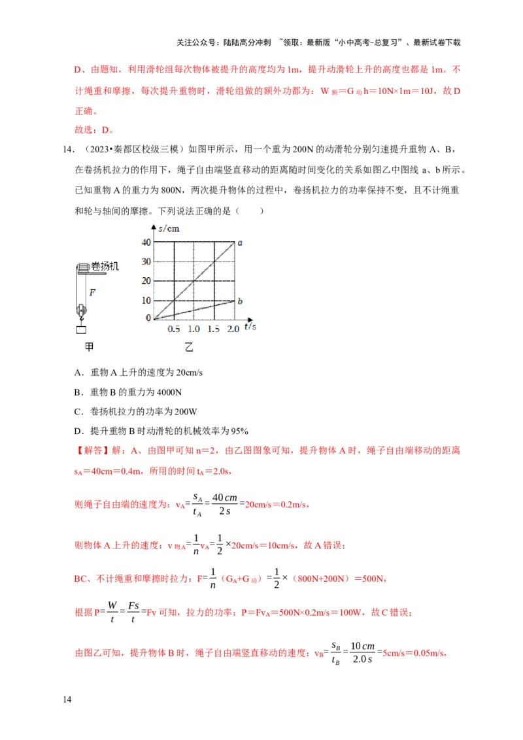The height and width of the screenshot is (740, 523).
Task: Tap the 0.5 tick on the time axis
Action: [x=175, y=329]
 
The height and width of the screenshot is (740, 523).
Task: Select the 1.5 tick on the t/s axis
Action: [x=214, y=329]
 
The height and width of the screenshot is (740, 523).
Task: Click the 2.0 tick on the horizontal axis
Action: [x=233, y=329]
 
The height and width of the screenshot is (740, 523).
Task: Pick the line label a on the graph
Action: [x=240, y=243]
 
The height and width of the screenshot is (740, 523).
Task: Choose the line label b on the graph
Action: [x=240, y=301]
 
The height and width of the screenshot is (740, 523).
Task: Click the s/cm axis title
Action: [x=169, y=228]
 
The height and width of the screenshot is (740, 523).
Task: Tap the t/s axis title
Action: [x=250, y=325]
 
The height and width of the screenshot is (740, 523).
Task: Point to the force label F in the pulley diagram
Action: [x=92, y=292]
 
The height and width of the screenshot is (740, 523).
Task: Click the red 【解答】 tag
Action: [x=91, y=450]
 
